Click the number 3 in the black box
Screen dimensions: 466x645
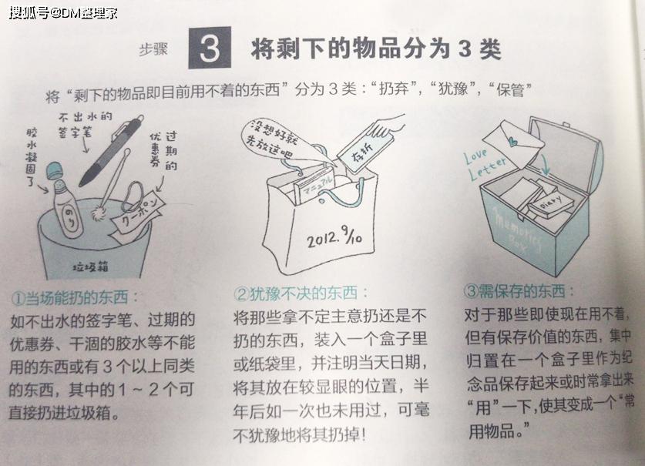click(x=209, y=49)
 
